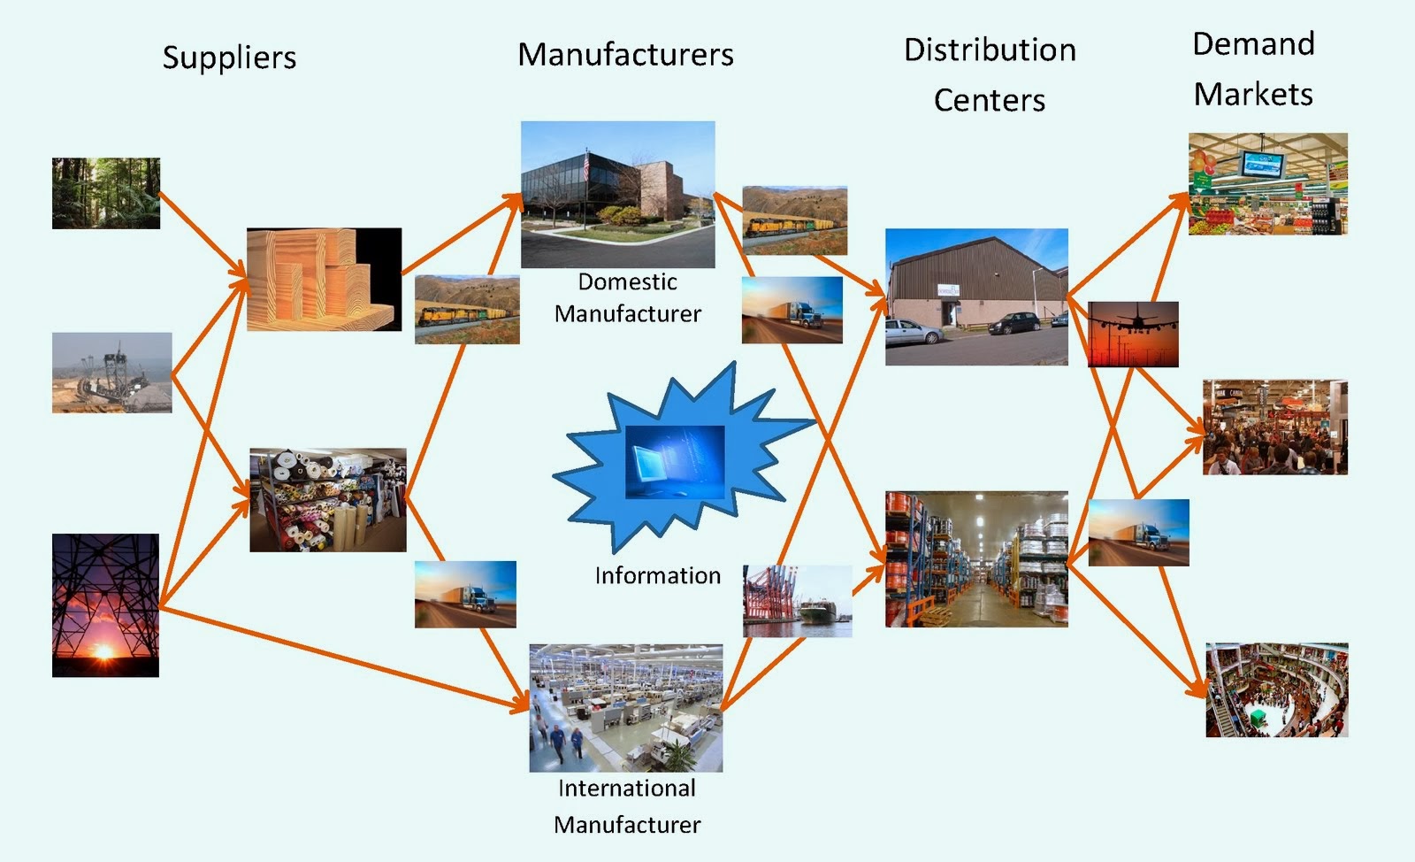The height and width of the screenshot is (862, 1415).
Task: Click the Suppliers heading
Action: click(x=229, y=58)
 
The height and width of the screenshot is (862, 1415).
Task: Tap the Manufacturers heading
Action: click(x=625, y=55)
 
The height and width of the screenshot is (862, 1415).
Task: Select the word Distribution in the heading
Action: click(x=990, y=50)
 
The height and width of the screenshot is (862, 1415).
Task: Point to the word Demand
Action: click(x=1253, y=44)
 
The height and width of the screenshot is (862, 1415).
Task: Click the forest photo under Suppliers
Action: click(x=106, y=193)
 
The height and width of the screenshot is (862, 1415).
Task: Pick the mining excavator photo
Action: click(x=111, y=373)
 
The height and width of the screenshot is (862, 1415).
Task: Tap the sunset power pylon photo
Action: click(x=105, y=605)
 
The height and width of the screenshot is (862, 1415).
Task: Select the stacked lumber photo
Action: click(x=324, y=280)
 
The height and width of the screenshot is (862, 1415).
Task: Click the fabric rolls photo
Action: click(x=328, y=500)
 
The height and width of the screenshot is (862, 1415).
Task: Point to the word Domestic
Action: click(x=627, y=282)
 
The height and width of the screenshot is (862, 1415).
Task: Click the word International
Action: click(x=626, y=789)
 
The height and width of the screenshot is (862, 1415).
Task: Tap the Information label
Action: click(x=657, y=576)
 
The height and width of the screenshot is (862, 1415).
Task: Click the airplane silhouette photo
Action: click(x=1133, y=334)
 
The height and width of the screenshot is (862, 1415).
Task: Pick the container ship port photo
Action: click(x=798, y=601)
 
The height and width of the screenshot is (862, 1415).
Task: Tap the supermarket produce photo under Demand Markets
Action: click(x=1267, y=184)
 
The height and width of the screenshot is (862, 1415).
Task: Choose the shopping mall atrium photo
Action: click(x=1276, y=690)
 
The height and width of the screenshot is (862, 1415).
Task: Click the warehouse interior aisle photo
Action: click(x=976, y=559)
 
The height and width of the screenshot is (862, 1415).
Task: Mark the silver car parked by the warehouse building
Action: click(x=914, y=332)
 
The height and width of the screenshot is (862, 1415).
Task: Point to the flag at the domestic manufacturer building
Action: click(x=586, y=165)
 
